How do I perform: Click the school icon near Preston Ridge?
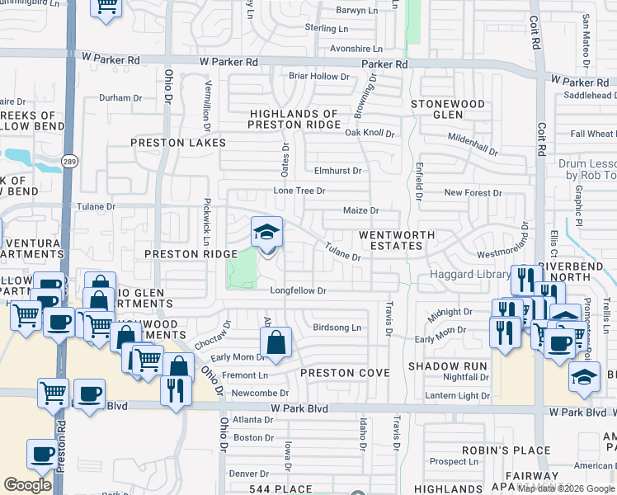pyautogui.click(x=266, y=232)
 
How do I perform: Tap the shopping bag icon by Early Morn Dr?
pyautogui.click(x=276, y=342)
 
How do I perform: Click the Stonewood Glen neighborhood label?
pyautogui.click(x=448, y=109)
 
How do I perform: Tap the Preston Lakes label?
pyautogui.click(x=178, y=143)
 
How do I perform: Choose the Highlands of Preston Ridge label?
pyautogui.click(x=294, y=119)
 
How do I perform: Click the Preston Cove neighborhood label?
pyautogui.click(x=344, y=373)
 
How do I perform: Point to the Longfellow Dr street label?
pyautogui.click(x=299, y=290)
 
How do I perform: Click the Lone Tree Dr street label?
pyautogui.click(x=299, y=191)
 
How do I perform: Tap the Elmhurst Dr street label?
pyautogui.click(x=338, y=171)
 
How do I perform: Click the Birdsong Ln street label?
pyautogui.click(x=337, y=328)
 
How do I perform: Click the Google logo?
pyautogui.click(x=28, y=485)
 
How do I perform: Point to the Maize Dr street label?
pyautogui.click(x=360, y=210)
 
